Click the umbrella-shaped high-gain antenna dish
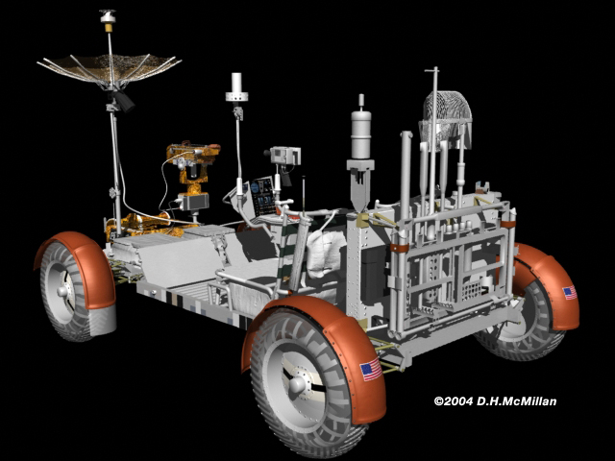(109, 68)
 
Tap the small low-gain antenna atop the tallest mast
(108, 16)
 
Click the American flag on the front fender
(371, 369)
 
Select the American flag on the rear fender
(570, 293)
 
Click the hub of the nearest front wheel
(298, 385)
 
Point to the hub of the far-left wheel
(61, 291)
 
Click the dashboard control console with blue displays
(263, 195)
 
